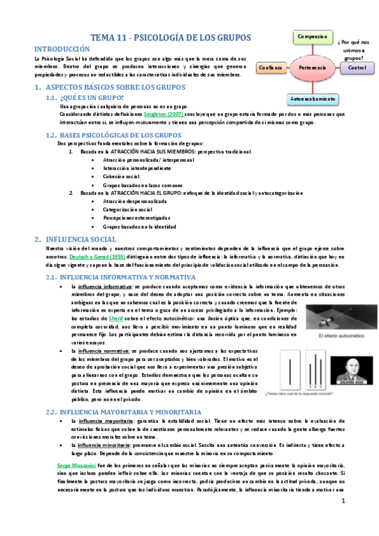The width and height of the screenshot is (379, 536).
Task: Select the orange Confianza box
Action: point(270,67)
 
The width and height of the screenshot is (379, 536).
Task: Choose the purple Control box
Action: point(356,67)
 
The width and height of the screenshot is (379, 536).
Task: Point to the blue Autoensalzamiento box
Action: point(311,99)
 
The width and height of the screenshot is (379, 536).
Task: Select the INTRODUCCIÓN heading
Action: point(66,49)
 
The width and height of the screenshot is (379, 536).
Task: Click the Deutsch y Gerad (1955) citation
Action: point(87,257)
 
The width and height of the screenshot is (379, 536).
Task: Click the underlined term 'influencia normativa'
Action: point(104,350)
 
